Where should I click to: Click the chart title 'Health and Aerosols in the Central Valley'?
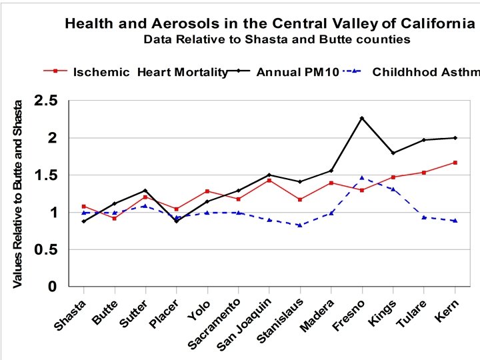[269, 24]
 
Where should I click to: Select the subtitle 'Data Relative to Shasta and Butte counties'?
[276, 39]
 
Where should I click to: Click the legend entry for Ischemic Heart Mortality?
[144, 72]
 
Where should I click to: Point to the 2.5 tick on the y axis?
[46, 101]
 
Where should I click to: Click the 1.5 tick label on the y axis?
[46, 175]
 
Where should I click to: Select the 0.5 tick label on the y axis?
[46, 250]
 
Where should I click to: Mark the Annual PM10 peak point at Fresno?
[362, 118]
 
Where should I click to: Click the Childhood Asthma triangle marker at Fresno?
[362, 178]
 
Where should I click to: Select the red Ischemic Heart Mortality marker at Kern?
[455, 163]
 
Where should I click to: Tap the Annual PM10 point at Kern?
[455, 138]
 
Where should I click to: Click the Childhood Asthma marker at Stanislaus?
[300, 225]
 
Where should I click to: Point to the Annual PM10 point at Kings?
[393, 153]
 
